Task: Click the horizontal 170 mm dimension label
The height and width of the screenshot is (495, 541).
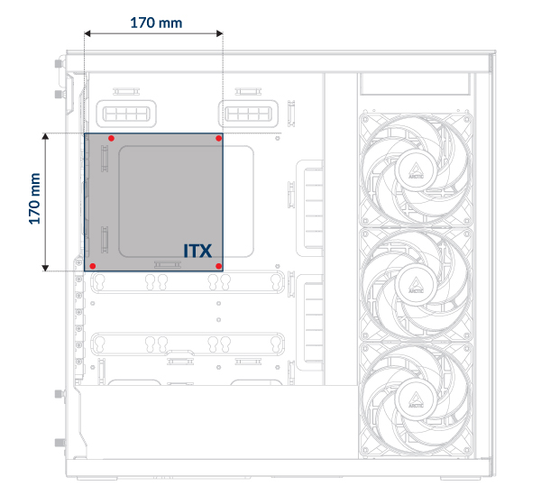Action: coord(156,23)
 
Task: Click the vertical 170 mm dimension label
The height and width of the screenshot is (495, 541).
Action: coord(34,198)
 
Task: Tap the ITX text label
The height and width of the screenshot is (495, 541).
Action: coord(197,251)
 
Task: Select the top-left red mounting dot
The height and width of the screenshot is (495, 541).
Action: coord(111,138)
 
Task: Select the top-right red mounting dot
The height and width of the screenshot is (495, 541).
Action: coord(218,138)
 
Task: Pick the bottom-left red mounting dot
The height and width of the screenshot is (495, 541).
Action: coord(93,266)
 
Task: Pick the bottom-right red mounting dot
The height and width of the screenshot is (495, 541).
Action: coord(218,266)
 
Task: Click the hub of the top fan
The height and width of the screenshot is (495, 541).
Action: coord(416,170)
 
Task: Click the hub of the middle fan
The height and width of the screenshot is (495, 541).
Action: coord(416,285)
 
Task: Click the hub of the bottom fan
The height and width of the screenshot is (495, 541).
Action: coord(416,399)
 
